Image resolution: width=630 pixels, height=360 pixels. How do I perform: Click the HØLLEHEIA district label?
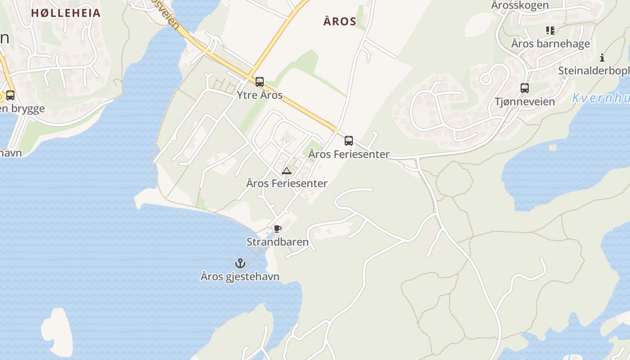(x=66, y=13)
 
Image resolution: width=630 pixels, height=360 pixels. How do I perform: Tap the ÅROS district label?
(x=340, y=21)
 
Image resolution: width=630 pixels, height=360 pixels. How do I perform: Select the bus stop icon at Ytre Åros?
(x=260, y=82)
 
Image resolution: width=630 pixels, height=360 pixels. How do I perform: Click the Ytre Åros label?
(x=260, y=95)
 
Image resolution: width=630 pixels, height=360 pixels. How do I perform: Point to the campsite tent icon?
(x=286, y=171)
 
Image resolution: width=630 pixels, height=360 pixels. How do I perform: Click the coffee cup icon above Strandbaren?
(x=277, y=229)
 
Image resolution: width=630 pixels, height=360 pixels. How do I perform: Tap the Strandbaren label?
(x=278, y=242)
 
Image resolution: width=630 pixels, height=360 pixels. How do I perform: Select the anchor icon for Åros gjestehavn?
(x=240, y=263)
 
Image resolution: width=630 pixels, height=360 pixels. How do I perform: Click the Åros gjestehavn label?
(x=240, y=276)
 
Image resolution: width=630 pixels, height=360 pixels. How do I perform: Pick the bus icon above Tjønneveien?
(x=525, y=88)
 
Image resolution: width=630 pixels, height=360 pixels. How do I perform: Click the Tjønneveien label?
(x=525, y=101)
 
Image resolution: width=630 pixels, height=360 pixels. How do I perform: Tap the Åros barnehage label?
(x=550, y=44)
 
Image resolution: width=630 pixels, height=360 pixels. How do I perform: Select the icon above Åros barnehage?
(x=550, y=31)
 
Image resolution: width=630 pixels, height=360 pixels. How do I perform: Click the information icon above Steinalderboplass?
(x=602, y=58)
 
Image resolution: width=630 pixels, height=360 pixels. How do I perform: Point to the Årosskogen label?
(x=520, y=5)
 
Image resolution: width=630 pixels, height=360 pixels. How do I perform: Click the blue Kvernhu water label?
(x=601, y=98)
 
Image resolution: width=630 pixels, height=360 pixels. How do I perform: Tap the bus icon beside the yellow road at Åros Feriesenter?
(x=349, y=141)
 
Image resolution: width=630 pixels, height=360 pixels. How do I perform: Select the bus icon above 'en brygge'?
(x=10, y=95)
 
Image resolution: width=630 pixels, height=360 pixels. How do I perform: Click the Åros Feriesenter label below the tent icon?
(x=287, y=183)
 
